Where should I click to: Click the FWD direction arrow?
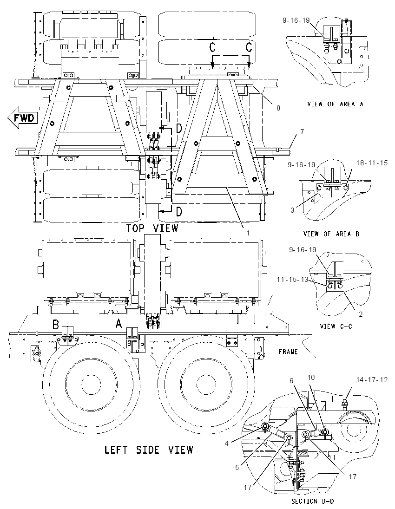22,117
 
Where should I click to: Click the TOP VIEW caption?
152,228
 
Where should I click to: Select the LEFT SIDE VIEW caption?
148,450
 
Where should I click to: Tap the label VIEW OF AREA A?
335,104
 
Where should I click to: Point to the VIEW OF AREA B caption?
331,234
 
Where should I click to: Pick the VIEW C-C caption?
336,326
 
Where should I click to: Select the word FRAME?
288,352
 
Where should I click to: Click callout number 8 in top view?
278,108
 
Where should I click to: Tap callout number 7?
302,131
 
